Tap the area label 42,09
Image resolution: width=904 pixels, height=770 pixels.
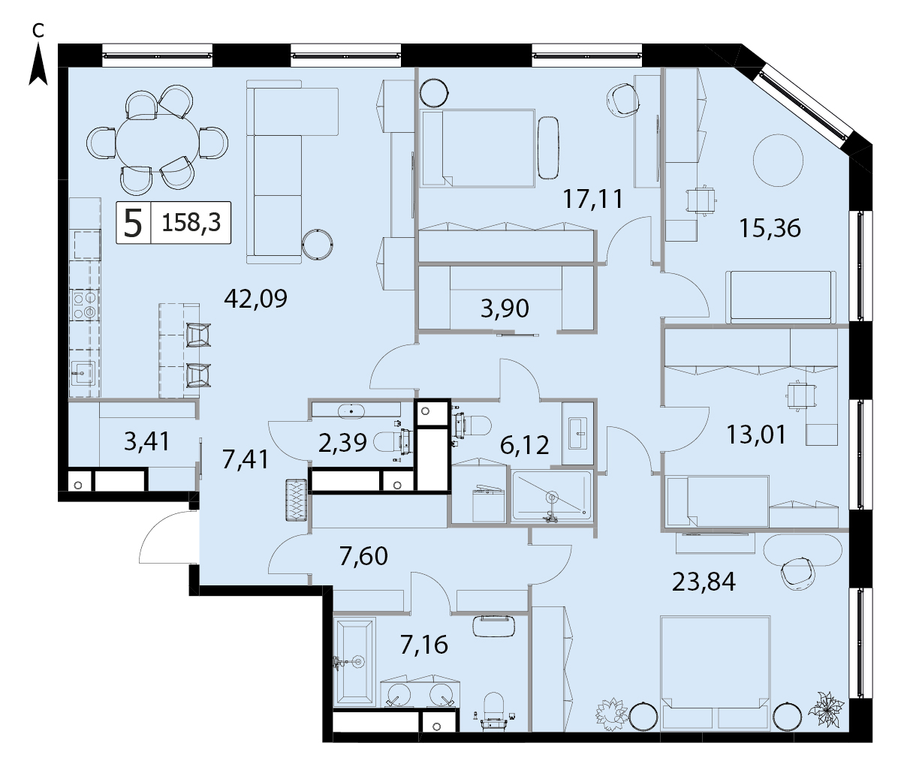pos(255,299)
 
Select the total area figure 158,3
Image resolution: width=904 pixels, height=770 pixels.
pos(191,223)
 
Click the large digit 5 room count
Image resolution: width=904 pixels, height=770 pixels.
pos(133,223)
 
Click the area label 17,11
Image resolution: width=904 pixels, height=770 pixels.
pos(592,199)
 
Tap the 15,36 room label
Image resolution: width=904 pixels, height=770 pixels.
pos(770,228)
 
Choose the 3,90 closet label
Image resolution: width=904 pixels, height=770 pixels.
pos(505,308)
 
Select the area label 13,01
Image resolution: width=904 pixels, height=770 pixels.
pos(757,435)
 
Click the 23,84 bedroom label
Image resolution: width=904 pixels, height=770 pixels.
pos(704,582)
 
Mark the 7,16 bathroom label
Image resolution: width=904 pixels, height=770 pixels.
pos(423,645)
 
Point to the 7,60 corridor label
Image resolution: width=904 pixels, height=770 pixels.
pos(363,556)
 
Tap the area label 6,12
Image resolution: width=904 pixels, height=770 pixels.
pos(524,446)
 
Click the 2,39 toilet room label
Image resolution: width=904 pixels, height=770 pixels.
pos(342,443)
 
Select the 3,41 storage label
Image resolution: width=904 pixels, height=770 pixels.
pos(146,441)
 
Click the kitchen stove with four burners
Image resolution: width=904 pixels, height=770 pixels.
pos(84,305)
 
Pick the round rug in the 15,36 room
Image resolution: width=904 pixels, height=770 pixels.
pos(778,161)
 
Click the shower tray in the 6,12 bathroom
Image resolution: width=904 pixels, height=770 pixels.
pos(552,495)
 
